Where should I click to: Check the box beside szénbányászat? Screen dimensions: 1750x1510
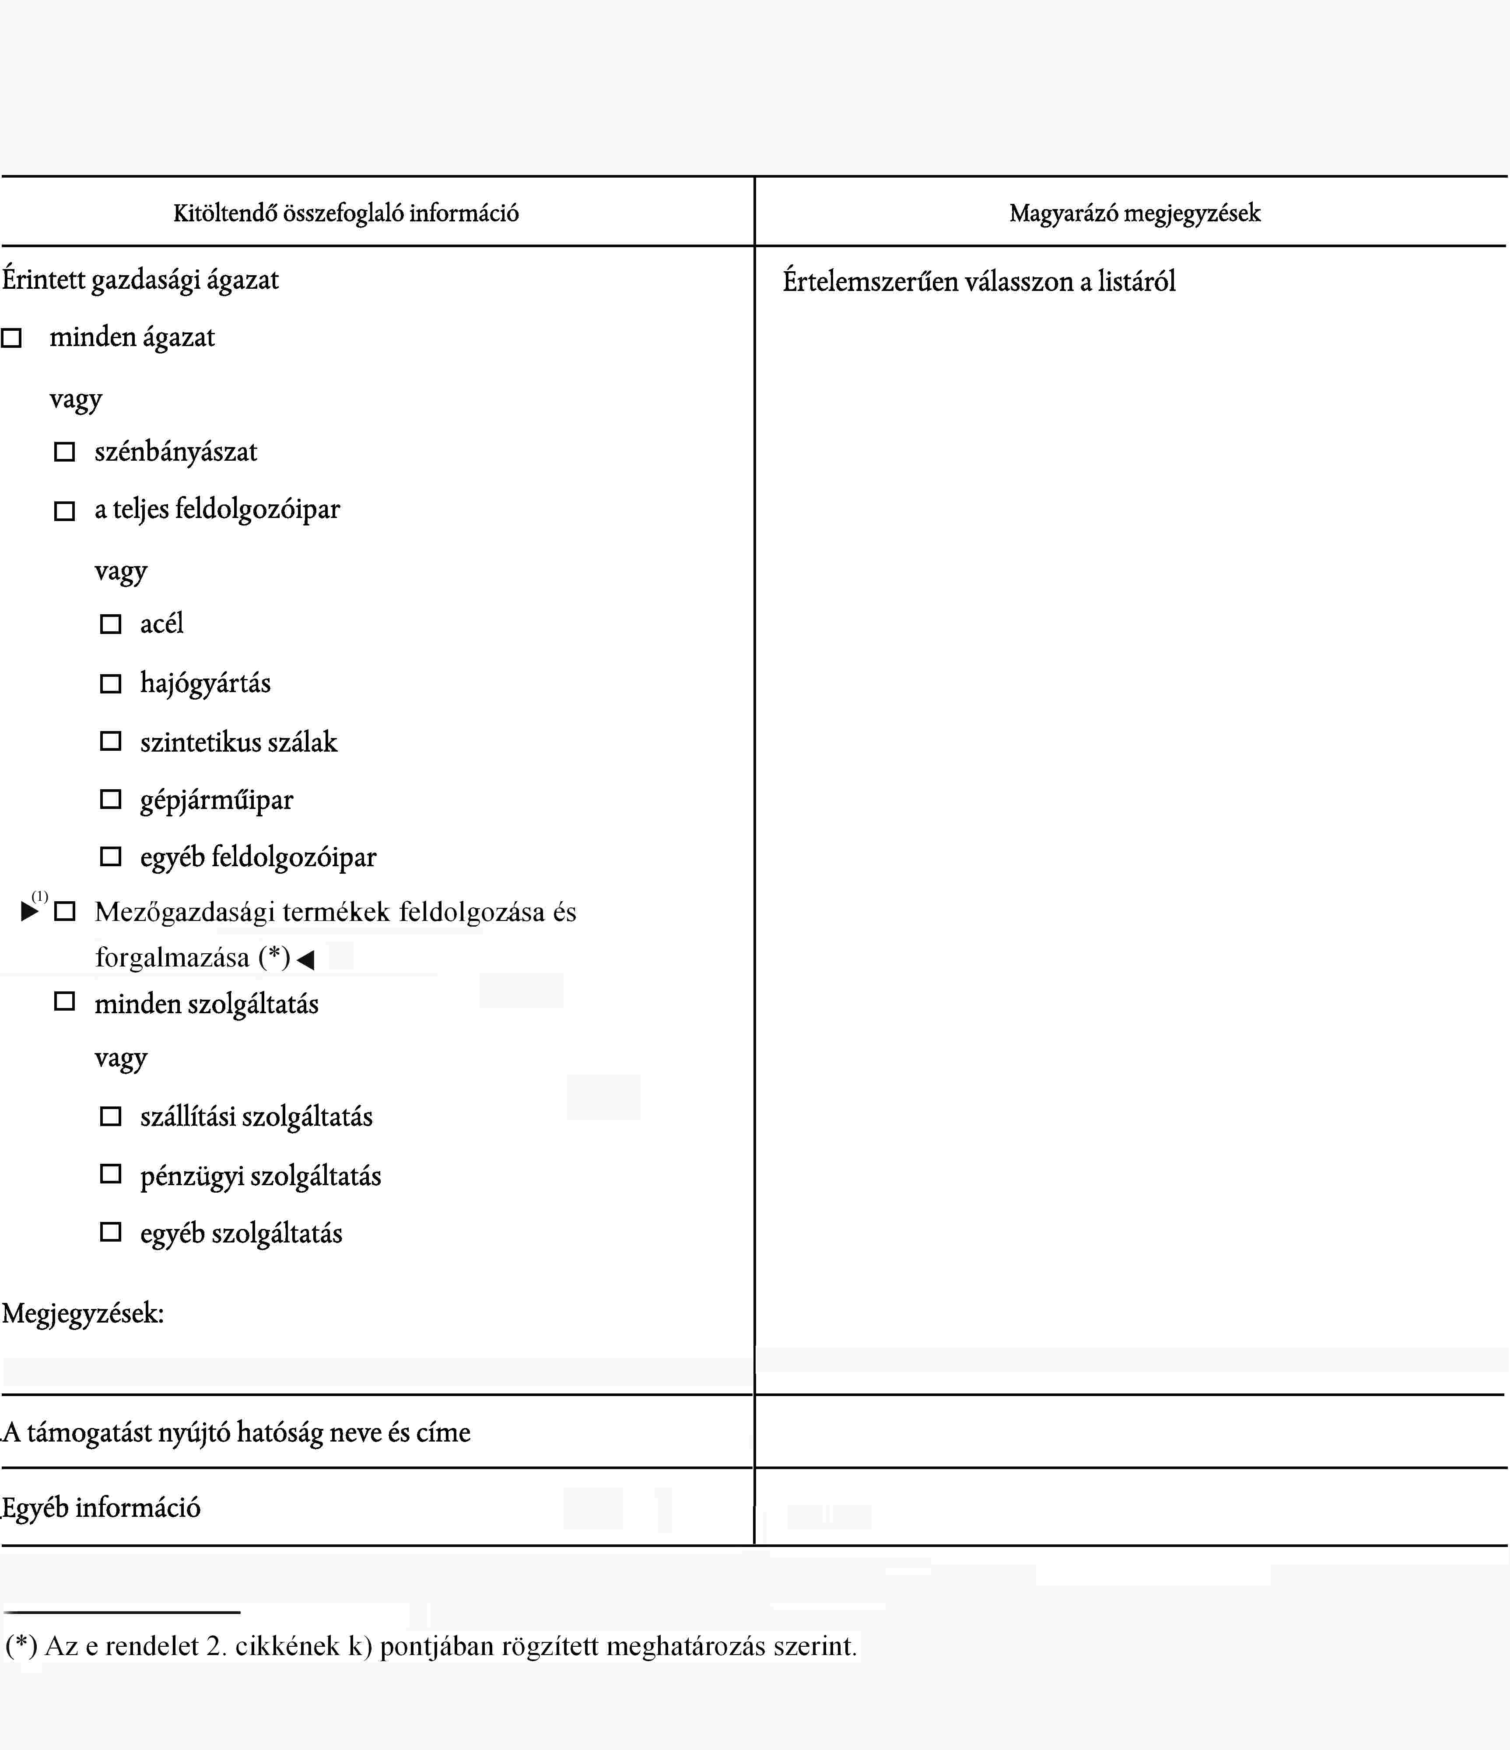tap(64, 452)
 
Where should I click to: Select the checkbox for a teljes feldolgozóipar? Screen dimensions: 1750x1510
tap(64, 511)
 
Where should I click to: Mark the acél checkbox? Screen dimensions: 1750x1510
tap(111, 624)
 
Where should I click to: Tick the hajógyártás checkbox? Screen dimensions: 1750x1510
tap(111, 683)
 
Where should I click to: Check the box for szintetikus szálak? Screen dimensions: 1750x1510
tap(111, 742)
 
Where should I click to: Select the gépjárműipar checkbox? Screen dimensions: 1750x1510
tap(111, 799)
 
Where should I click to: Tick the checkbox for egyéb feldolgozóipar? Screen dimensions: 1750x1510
tap(111, 857)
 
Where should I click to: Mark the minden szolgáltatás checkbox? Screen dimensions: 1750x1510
tap(64, 1002)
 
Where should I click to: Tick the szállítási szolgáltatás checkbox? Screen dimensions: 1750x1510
tap(111, 1116)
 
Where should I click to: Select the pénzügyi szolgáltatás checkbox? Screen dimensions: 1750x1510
tap(111, 1174)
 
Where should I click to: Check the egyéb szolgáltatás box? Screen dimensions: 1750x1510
tap(111, 1232)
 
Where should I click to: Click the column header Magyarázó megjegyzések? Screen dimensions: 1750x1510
tap(1134, 213)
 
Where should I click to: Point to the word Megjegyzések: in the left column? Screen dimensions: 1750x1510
tap(83, 1313)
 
